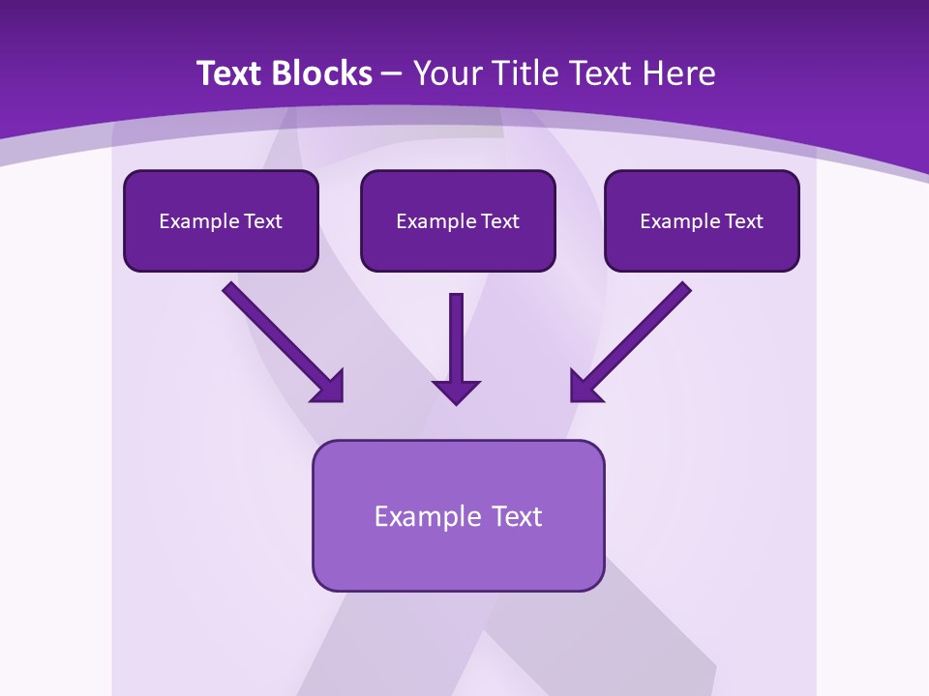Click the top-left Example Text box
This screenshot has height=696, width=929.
click(221, 221)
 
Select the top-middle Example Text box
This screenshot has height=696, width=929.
click(458, 221)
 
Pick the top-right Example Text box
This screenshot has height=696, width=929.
click(702, 221)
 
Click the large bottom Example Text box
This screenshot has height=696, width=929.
click(458, 515)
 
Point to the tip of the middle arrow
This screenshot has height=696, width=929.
click(456, 402)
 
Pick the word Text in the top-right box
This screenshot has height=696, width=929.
click(743, 221)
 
